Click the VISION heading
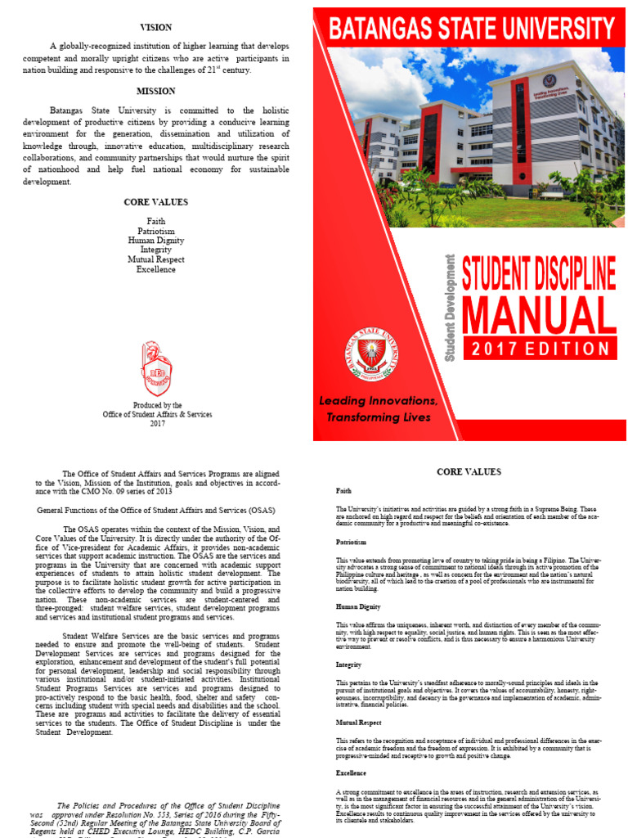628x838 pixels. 155,28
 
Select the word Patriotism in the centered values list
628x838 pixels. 155,232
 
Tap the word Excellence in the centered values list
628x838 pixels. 155,269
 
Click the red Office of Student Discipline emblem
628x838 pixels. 156,368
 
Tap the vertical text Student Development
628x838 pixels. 450,308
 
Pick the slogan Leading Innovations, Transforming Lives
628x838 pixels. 379,409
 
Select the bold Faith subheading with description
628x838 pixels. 344,490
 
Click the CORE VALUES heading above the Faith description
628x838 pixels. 469,472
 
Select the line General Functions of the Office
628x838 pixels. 155,509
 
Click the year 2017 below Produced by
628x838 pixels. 157,423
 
